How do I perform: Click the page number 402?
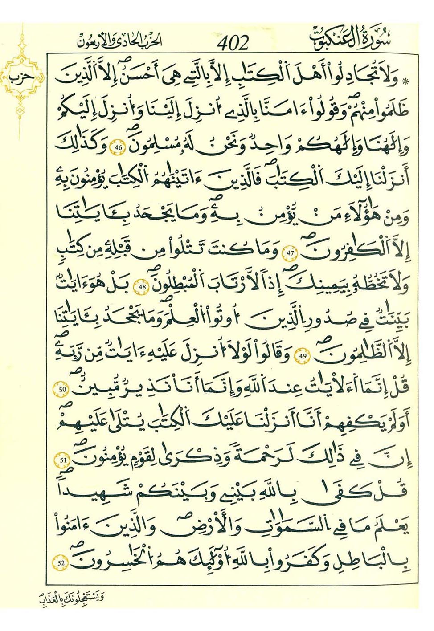pyautogui.click(x=233, y=44)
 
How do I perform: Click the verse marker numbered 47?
pyautogui.click(x=291, y=253)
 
